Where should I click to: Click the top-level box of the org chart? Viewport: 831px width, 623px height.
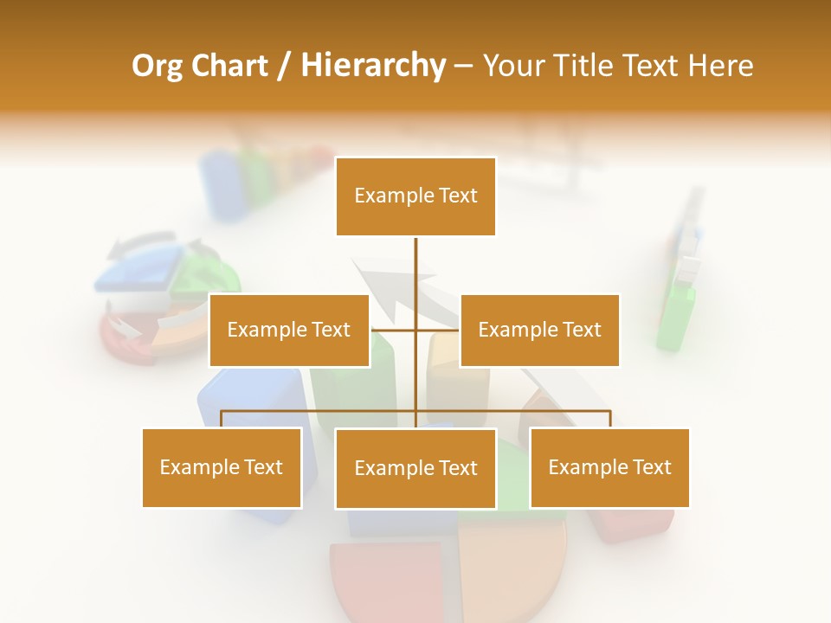click(x=415, y=196)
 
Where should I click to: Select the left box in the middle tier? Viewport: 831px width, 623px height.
click(x=289, y=330)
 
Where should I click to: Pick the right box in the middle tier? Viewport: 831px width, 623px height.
click(x=539, y=330)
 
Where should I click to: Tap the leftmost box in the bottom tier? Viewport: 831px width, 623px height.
click(x=222, y=467)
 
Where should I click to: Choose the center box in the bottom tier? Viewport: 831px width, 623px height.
click(x=415, y=468)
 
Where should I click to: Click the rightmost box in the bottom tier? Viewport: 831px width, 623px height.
click(x=609, y=467)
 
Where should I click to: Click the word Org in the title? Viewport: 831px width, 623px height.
click(x=157, y=66)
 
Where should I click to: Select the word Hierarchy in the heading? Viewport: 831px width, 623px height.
click(x=373, y=66)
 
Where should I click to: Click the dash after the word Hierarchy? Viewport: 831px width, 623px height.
click(x=463, y=66)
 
